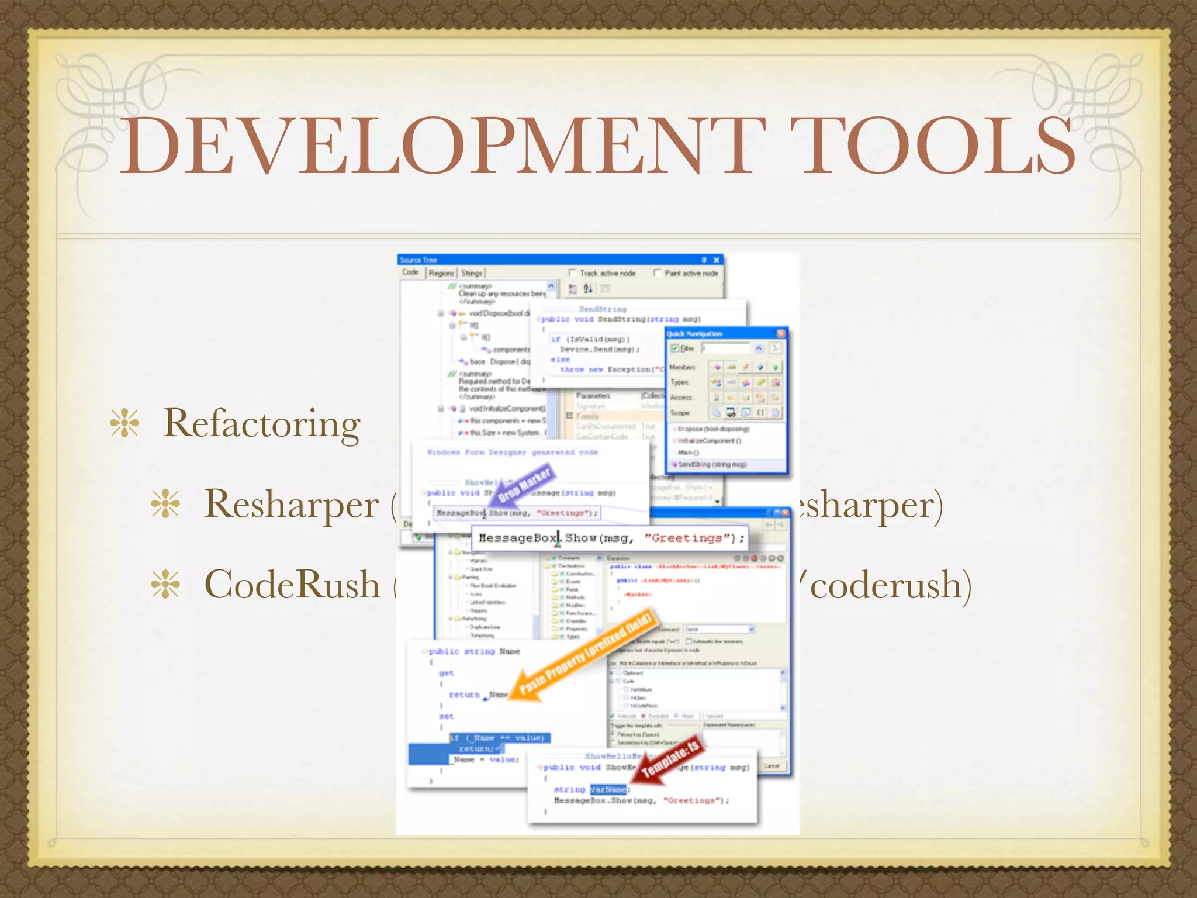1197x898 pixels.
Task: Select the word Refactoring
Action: [261, 424]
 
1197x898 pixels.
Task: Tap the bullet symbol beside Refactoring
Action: [124, 423]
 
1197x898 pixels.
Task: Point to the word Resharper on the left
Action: [291, 504]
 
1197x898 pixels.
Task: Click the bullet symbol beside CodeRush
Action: [165, 585]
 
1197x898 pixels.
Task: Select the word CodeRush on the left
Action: [292, 585]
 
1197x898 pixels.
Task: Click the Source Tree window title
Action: [418, 260]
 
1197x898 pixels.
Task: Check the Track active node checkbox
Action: [572, 273]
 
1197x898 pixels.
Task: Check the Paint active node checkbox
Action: [657, 273]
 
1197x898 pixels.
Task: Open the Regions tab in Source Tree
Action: [441, 273]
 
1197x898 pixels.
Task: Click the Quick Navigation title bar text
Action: [695, 334]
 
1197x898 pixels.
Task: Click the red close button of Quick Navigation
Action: [781, 333]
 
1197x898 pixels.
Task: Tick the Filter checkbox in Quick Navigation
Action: [675, 348]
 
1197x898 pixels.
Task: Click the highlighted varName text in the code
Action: [608, 789]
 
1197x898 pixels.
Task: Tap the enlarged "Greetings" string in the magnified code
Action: [690, 538]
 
